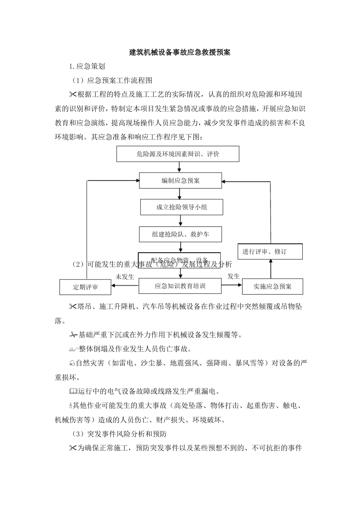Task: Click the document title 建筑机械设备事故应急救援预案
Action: coord(180,52)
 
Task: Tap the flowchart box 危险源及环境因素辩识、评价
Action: coord(178,154)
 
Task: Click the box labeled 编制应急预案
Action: coord(180,181)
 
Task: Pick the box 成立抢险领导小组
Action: coord(182,207)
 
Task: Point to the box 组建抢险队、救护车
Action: coord(180,234)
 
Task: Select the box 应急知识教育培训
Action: coord(180,286)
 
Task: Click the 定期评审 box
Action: coord(85,287)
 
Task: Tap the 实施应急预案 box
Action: coord(272,287)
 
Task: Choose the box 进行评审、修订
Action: coord(270,251)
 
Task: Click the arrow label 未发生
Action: coord(125,277)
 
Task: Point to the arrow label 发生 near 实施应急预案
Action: coord(233,276)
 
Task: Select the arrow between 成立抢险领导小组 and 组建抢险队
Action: coord(180,221)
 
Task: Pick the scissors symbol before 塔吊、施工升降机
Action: coord(72,306)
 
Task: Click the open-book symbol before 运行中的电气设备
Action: coord(73,391)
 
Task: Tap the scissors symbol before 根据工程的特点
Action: coord(72,94)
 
